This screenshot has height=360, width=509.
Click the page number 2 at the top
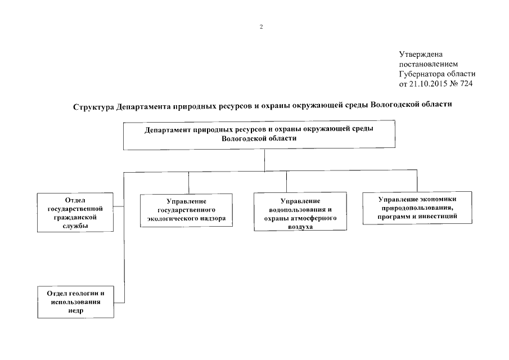[x=261, y=26]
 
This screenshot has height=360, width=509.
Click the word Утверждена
[x=421, y=55]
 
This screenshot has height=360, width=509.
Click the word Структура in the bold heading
[x=93, y=106]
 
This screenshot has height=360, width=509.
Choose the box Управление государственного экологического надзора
[x=186, y=210]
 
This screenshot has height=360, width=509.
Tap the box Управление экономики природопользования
[x=417, y=208]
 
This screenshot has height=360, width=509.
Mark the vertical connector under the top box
[x=263, y=160]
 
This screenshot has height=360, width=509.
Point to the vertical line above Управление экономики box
[x=417, y=181]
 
